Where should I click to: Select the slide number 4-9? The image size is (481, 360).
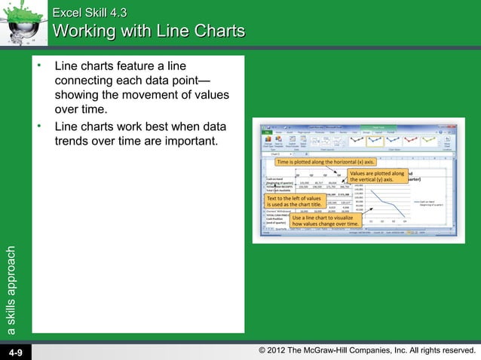(x=16, y=352)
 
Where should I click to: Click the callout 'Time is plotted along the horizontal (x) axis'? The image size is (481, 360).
(x=326, y=162)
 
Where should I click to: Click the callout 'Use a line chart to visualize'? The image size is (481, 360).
(x=326, y=220)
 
